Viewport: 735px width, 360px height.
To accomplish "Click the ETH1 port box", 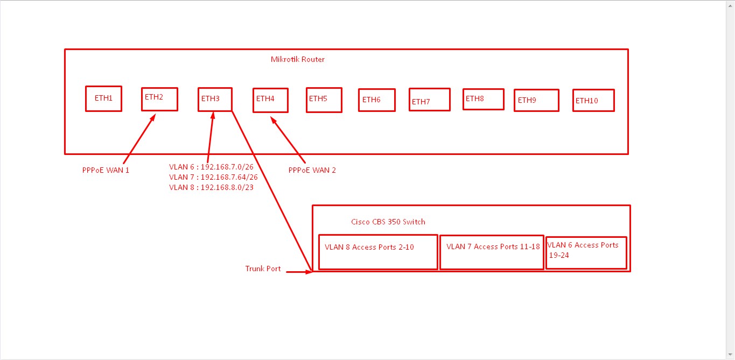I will (x=103, y=98).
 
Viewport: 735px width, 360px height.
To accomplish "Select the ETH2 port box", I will (x=159, y=99).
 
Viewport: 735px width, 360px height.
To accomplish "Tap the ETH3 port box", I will (x=215, y=100).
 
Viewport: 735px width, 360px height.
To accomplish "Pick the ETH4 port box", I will (x=270, y=100).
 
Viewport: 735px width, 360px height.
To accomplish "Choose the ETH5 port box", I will (x=324, y=100).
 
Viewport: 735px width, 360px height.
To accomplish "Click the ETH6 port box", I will (x=376, y=100).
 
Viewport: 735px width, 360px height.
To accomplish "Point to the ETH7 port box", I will (x=429, y=100).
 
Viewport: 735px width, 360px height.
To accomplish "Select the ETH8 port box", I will (x=483, y=99).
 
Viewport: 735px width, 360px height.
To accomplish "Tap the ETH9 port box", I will (x=536, y=100).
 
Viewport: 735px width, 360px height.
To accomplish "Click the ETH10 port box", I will (x=593, y=100).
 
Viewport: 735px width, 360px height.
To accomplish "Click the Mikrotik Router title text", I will (x=297, y=59).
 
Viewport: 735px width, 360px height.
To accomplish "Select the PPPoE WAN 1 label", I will (x=105, y=170).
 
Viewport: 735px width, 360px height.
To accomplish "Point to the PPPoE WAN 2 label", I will (x=312, y=170).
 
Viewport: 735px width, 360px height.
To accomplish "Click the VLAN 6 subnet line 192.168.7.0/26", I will (x=211, y=167).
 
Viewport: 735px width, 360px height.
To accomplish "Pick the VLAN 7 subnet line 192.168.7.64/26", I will (x=213, y=177).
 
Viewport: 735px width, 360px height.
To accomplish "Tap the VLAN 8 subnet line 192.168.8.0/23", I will (x=211, y=187).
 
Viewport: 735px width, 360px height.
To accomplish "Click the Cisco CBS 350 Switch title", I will (x=388, y=222).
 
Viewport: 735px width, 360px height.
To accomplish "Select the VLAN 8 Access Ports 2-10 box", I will (x=377, y=252).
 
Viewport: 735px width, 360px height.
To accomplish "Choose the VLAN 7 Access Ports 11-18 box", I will (x=492, y=252).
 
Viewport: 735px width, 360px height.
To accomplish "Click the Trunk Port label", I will (x=263, y=269).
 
